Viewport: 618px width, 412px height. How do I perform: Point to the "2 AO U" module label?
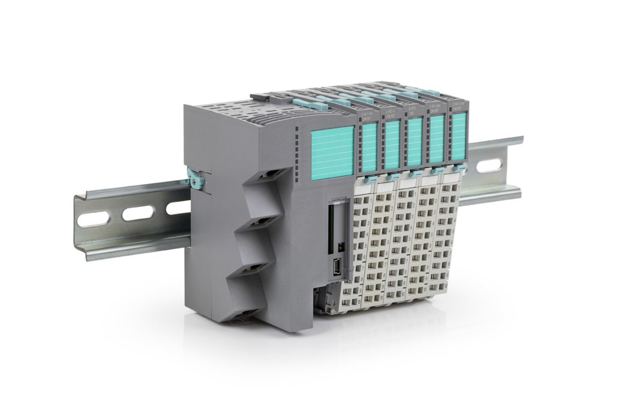click(390, 115)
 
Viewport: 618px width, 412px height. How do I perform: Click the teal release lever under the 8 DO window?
click(415, 175)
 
